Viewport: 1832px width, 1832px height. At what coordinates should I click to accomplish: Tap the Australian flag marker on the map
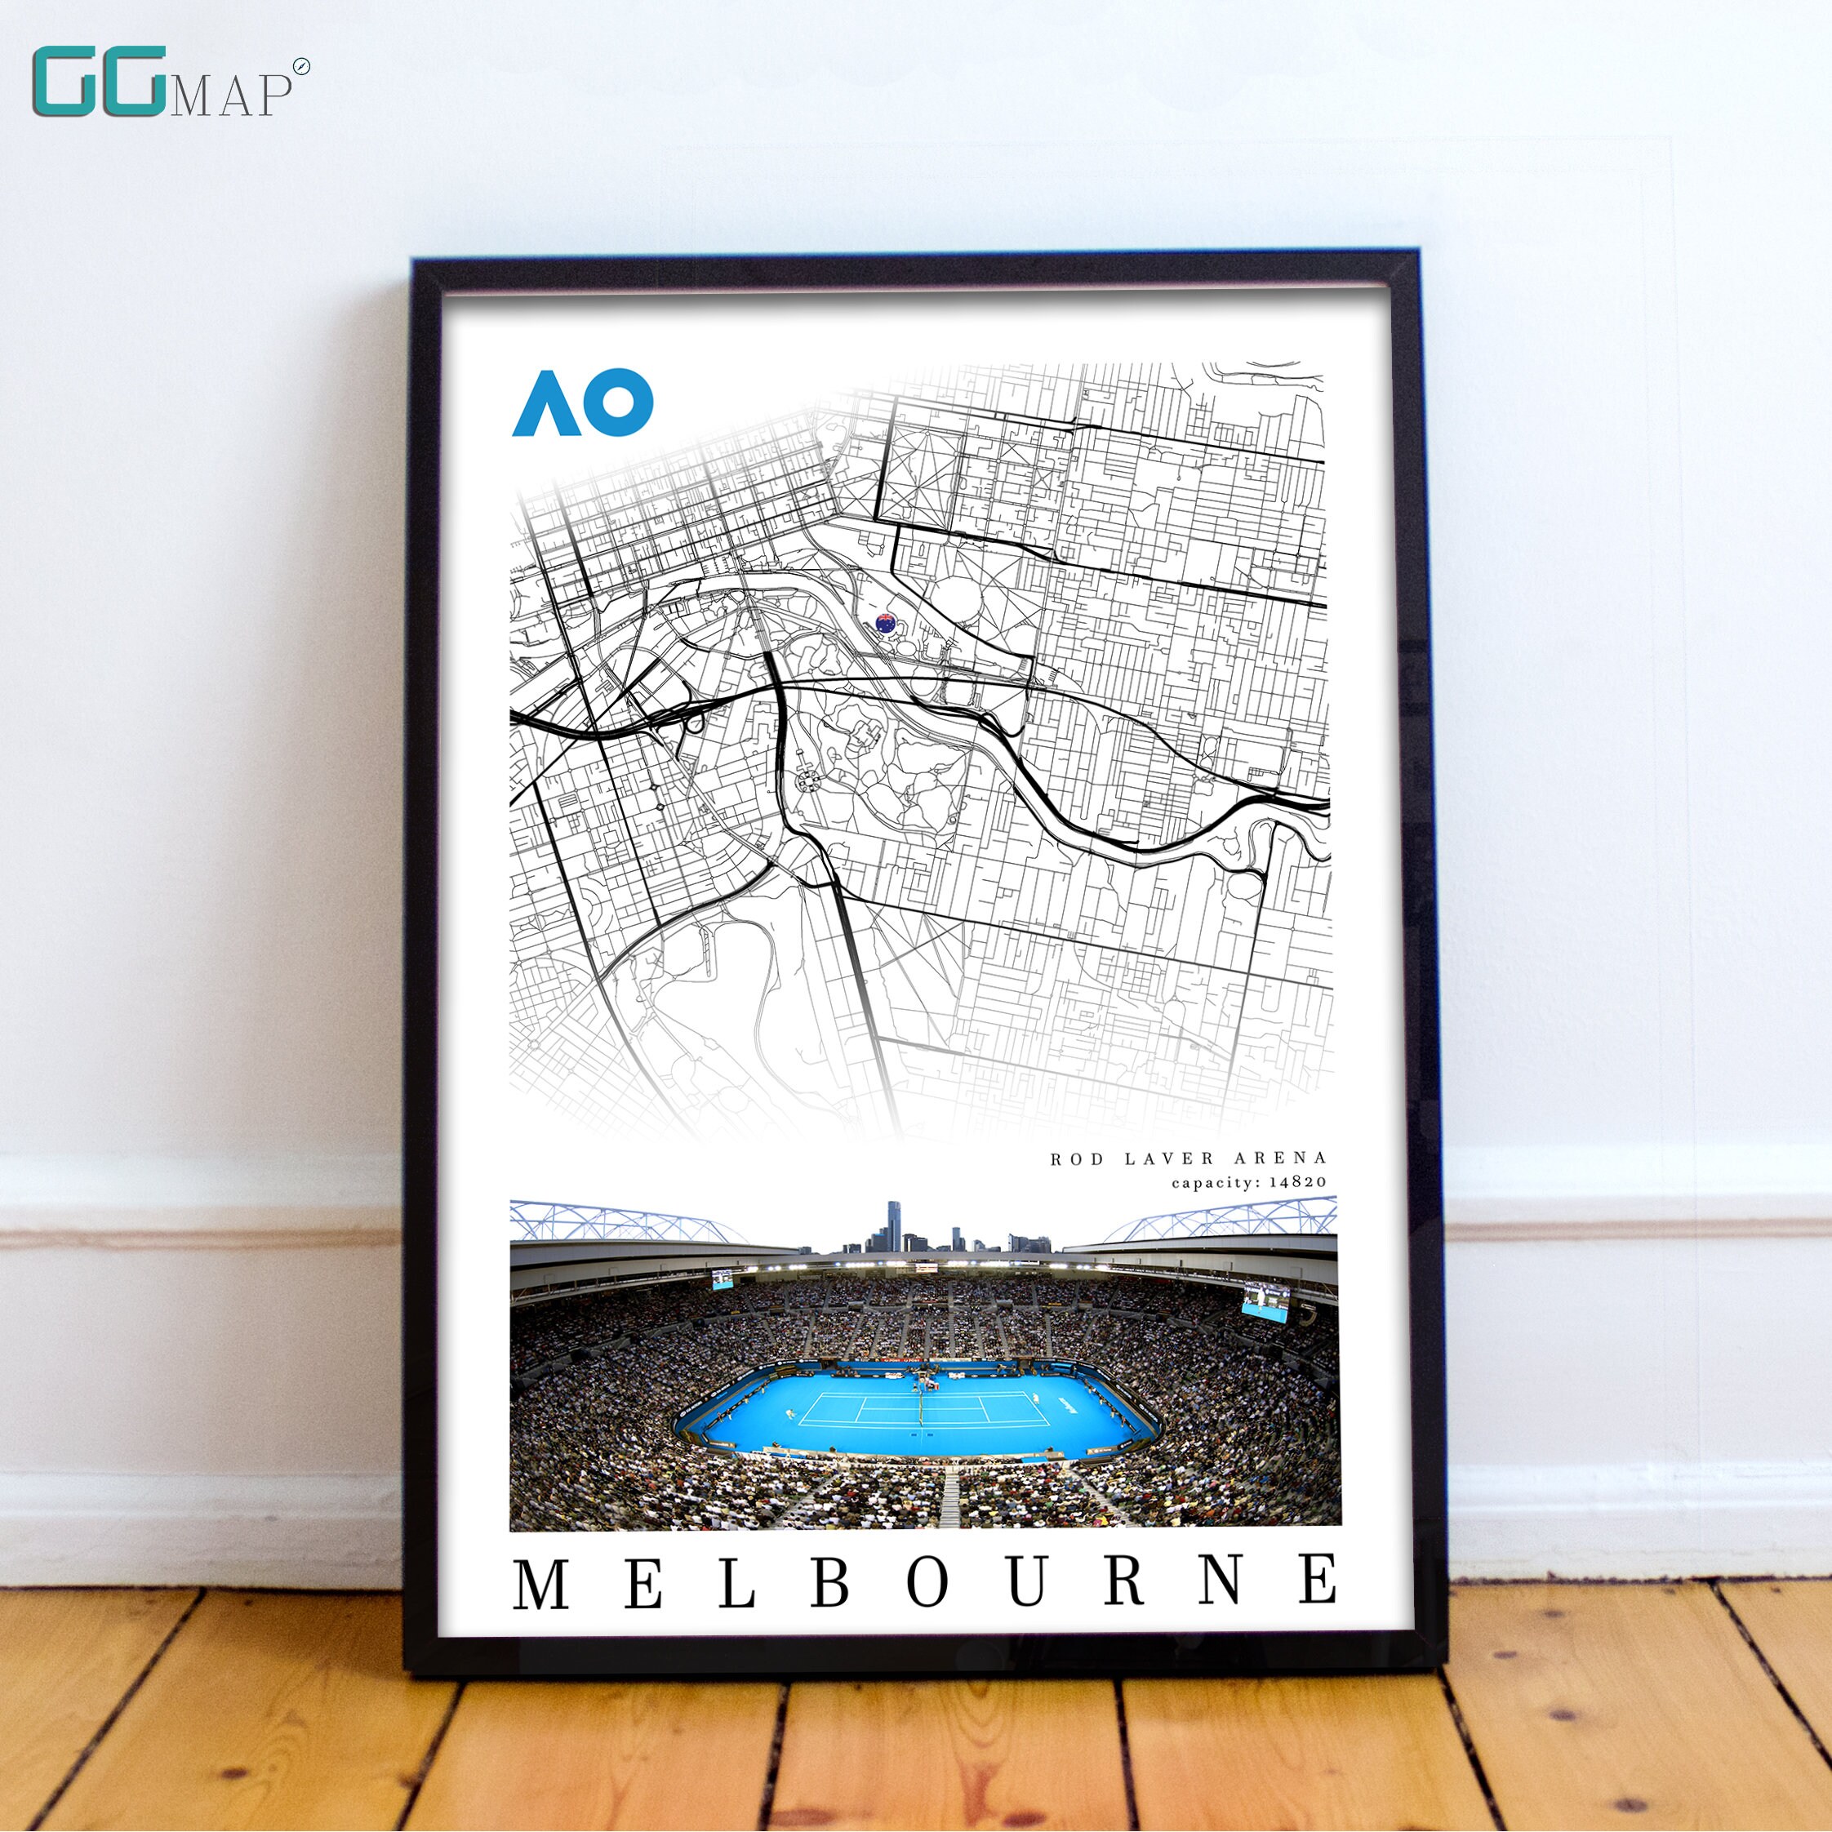(x=886, y=623)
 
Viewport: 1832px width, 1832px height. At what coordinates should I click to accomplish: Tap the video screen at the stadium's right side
(x=1266, y=1298)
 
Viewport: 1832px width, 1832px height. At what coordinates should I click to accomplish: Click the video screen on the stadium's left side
(x=722, y=1280)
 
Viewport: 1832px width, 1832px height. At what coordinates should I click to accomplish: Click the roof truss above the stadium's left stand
(x=616, y=1221)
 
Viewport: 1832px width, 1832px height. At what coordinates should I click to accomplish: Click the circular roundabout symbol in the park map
(x=810, y=780)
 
